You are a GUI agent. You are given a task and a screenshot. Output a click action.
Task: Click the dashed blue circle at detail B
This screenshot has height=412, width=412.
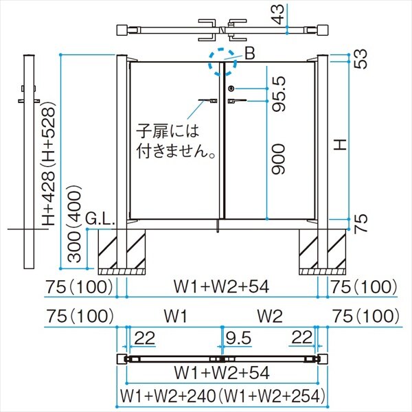(220, 59)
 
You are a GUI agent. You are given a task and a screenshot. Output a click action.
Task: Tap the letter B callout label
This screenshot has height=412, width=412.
(249, 52)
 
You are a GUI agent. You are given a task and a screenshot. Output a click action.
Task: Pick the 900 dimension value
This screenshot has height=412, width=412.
(277, 159)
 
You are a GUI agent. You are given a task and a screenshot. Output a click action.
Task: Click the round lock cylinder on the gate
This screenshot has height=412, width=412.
(231, 89)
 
